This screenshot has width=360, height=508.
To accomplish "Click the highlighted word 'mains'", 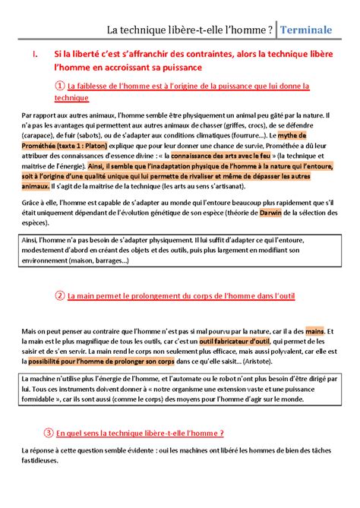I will point(314,331).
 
